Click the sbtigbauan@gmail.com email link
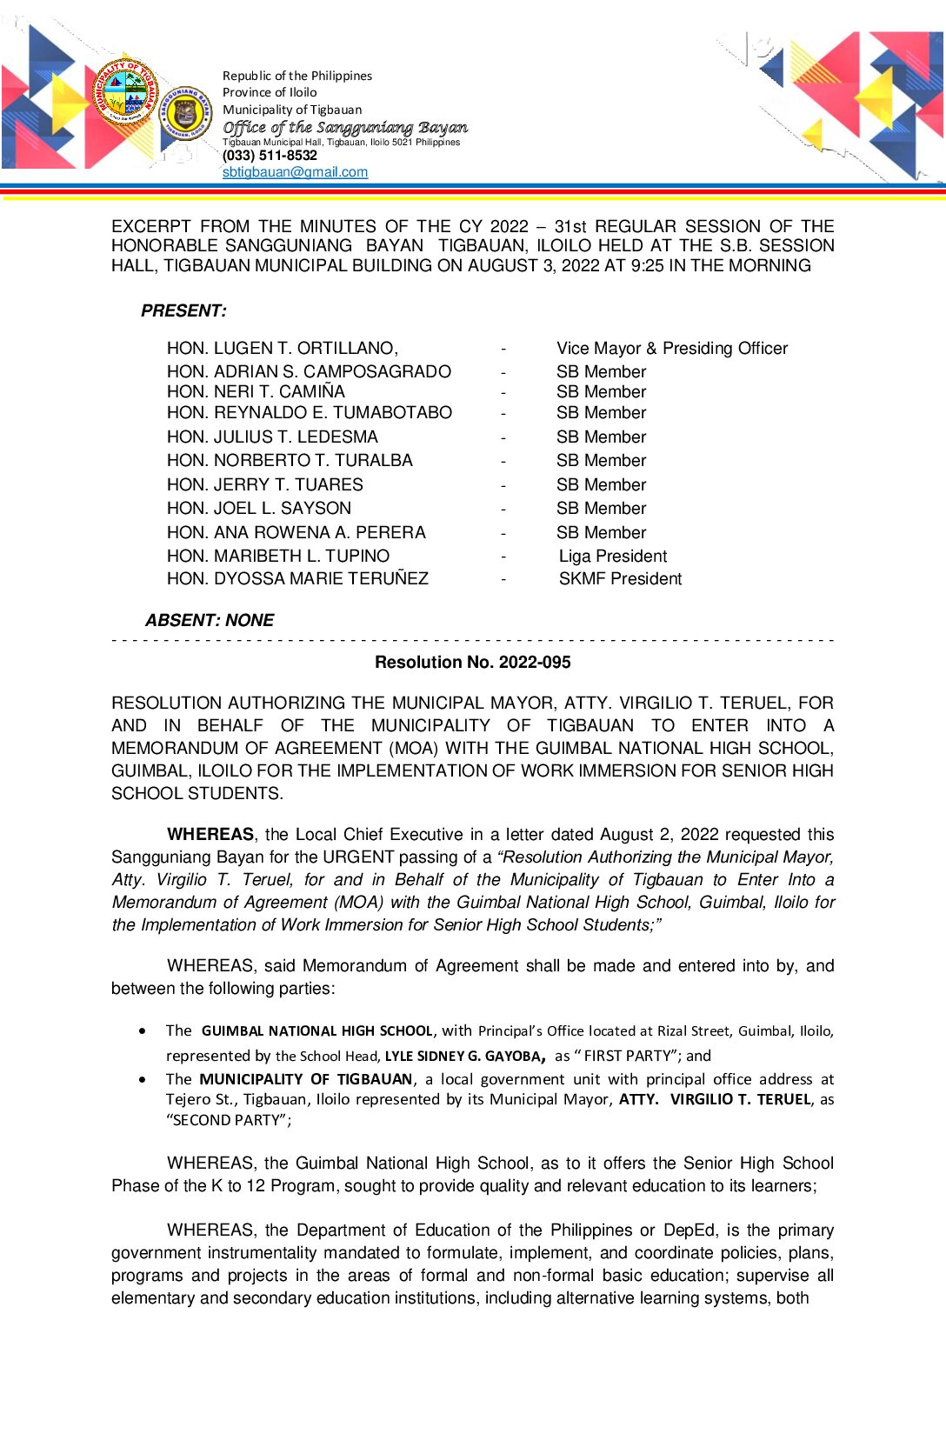click(295, 172)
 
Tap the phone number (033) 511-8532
click(270, 156)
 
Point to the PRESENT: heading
click(183, 310)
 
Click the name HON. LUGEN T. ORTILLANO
click(282, 348)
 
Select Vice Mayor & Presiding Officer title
click(672, 348)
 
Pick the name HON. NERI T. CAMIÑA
click(256, 391)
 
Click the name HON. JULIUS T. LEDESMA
click(272, 437)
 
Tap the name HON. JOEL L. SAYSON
click(259, 508)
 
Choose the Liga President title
click(613, 556)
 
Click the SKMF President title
click(620, 578)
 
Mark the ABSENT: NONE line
click(210, 620)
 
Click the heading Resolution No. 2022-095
click(472, 662)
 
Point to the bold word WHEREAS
click(210, 834)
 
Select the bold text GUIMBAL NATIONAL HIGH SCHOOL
click(316, 1030)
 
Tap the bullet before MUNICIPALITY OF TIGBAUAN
click(143, 1079)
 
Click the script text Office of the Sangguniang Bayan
click(345, 128)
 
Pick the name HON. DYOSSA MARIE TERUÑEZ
click(297, 578)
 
